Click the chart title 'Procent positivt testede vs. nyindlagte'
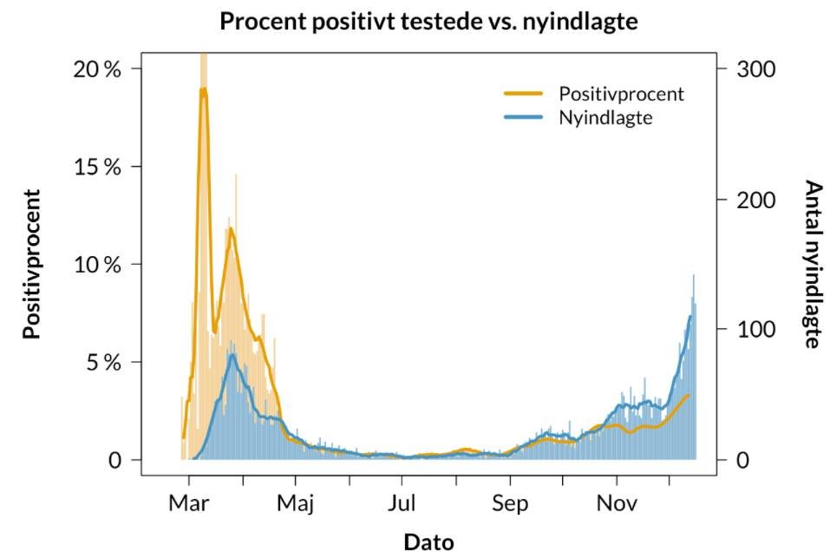point(428,22)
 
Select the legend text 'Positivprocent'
point(621,94)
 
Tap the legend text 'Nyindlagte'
point(605,117)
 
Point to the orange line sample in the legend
point(524,93)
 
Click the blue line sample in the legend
point(524,116)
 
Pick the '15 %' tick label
point(96,167)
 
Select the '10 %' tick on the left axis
point(96,264)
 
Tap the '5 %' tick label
point(102,362)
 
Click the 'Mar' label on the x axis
point(189,504)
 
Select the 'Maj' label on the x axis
point(296,504)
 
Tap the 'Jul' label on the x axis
point(402,504)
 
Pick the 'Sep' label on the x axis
point(510,504)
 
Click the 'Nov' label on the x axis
point(617,504)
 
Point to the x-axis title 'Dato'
point(428,542)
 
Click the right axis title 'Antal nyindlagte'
point(812,264)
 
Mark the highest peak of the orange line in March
point(203,89)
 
